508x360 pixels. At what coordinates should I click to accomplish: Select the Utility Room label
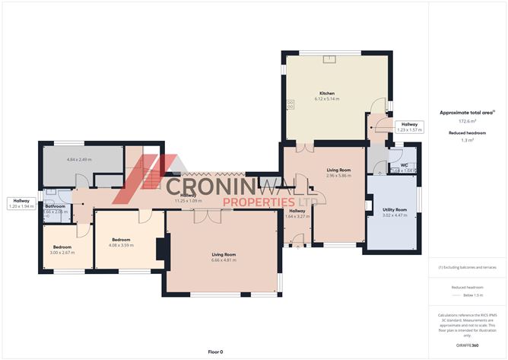click(x=395, y=209)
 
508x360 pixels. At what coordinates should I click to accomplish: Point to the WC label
click(x=403, y=164)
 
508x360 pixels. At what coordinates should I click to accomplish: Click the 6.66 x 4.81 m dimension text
click(x=224, y=260)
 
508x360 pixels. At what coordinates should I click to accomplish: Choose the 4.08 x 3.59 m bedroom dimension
click(x=122, y=245)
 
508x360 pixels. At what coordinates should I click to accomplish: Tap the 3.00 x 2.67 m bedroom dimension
click(x=62, y=252)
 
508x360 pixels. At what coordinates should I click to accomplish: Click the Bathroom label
click(x=55, y=206)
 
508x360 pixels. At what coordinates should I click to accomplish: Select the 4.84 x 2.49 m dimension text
click(x=79, y=159)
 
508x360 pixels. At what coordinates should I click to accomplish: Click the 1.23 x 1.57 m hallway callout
click(x=409, y=129)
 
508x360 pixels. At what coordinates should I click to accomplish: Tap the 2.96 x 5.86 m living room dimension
click(x=338, y=175)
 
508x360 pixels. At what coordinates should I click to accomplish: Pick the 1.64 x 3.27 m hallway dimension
click(x=297, y=216)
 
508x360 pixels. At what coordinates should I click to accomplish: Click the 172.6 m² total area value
click(x=467, y=121)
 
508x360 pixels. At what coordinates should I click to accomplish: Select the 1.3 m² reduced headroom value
click(x=467, y=140)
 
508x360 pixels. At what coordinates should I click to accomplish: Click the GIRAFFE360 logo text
click(x=467, y=346)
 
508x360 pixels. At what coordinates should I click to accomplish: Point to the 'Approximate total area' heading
click(x=467, y=112)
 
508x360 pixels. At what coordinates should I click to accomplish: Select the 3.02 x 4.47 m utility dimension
click(x=395, y=215)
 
